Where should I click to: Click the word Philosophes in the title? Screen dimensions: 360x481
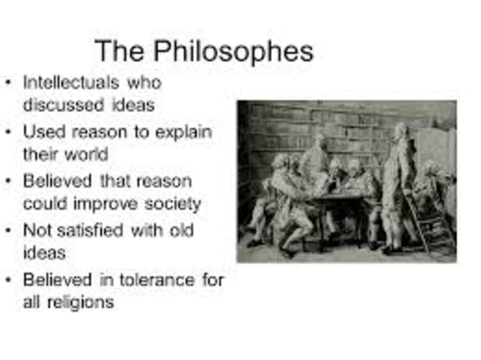pyautogui.click(x=234, y=53)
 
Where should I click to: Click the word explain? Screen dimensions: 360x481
pyautogui.click(x=181, y=132)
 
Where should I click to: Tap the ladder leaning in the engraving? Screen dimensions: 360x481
pyautogui.click(x=438, y=225)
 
